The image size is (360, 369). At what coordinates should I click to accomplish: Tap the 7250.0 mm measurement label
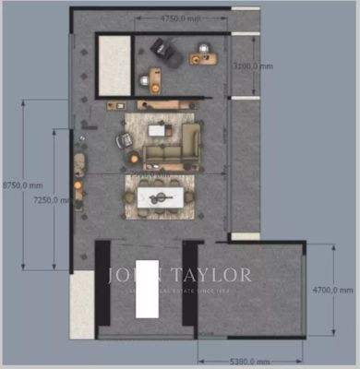(45, 199)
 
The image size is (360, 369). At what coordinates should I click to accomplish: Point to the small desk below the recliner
(154, 81)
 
